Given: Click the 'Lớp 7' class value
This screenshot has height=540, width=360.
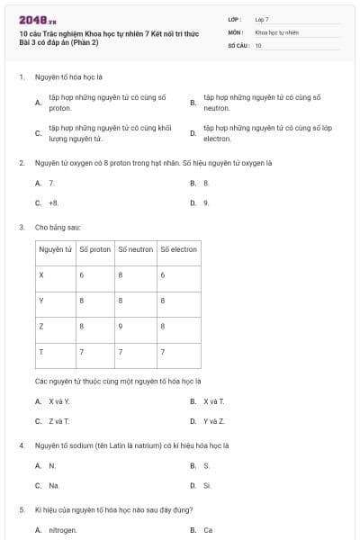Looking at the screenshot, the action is [x=262, y=19].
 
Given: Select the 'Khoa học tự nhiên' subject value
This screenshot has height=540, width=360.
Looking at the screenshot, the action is [x=276, y=31].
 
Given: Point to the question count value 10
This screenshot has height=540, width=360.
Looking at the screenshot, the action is [x=258, y=44].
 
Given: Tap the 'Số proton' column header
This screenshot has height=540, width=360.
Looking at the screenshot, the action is [x=95, y=249].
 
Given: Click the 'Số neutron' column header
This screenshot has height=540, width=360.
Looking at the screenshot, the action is [x=135, y=249].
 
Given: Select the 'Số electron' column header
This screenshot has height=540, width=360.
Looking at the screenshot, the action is [x=178, y=249].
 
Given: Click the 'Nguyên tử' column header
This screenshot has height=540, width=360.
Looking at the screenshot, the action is [x=56, y=249].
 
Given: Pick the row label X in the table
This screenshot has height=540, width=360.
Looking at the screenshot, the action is [x=41, y=274].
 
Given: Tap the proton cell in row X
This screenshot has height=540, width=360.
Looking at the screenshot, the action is [x=82, y=274].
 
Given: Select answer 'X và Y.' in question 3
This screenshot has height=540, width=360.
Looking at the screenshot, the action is [x=58, y=401].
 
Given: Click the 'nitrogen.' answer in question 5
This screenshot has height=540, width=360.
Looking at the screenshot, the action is [x=63, y=530].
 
